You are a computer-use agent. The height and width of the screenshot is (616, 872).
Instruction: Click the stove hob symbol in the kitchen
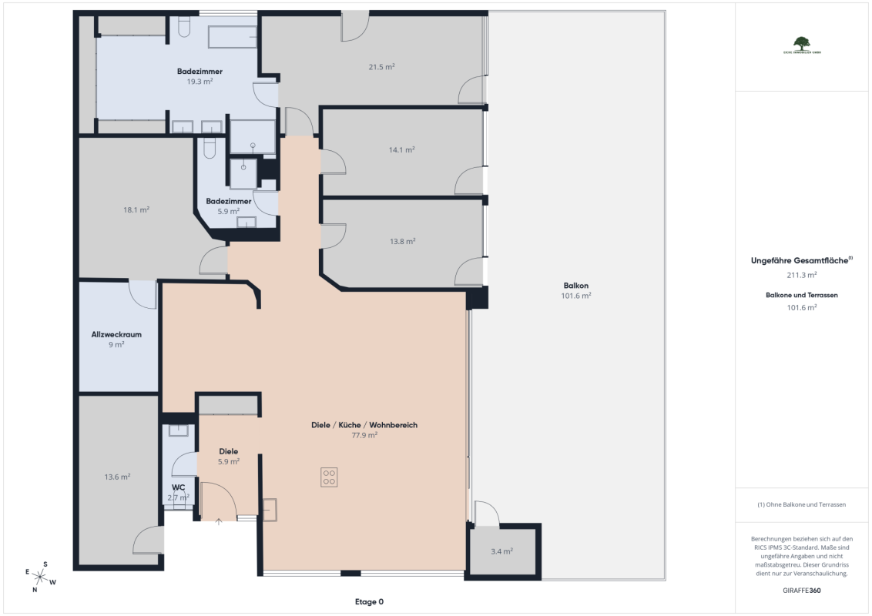(329, 477)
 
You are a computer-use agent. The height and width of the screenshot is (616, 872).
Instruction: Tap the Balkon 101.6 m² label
(576, 290)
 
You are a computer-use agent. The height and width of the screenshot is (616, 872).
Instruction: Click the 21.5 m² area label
(381, 67)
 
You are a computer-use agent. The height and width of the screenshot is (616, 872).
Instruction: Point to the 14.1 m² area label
(401, 150)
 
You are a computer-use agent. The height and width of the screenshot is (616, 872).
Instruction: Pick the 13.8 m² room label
(402, 241)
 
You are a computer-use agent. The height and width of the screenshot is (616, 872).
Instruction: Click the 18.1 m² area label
(136, 209)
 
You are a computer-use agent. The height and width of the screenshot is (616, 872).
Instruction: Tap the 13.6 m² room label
(117, 477)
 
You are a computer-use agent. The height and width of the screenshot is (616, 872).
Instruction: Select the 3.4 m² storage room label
(501, 551)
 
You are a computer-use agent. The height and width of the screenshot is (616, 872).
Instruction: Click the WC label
(178, 487)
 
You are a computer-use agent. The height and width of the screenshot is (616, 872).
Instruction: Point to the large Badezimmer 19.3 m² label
(200, 75)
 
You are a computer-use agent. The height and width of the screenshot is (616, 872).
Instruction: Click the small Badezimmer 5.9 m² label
(229, 206)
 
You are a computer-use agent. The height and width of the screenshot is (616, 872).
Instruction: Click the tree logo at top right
(802, 43)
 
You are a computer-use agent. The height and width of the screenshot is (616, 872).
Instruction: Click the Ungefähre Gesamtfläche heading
(801, 261)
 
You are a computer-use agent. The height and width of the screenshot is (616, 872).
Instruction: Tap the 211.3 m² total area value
(801, 274)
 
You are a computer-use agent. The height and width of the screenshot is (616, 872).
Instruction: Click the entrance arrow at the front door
(219, 521)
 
